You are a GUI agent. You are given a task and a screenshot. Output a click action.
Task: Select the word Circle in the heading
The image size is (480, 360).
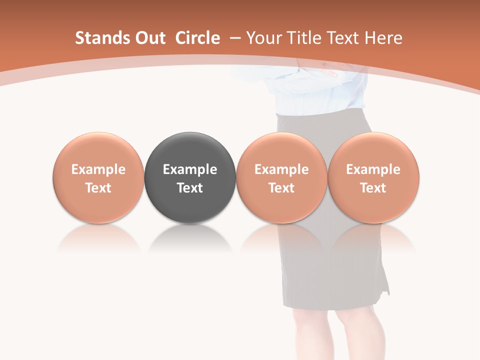197,38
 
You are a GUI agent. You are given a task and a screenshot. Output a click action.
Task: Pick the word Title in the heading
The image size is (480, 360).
302,38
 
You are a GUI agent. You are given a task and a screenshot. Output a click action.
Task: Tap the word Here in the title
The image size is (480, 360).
383,38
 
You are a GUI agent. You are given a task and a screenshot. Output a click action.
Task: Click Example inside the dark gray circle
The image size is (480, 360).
189,169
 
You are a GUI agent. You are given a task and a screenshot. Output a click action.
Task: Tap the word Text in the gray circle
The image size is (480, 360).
189,188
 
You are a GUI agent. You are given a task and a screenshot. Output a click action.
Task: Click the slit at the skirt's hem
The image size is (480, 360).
385,285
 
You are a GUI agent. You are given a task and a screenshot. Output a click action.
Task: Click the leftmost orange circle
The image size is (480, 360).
98,150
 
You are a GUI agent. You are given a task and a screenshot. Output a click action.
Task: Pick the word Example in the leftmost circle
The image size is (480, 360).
98,169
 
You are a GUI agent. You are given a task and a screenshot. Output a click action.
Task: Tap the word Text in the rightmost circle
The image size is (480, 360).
373,188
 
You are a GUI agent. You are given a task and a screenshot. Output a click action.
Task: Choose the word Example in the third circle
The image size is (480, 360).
281,169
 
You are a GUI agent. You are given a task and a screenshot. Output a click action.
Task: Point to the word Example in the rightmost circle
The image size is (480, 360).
373,169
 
